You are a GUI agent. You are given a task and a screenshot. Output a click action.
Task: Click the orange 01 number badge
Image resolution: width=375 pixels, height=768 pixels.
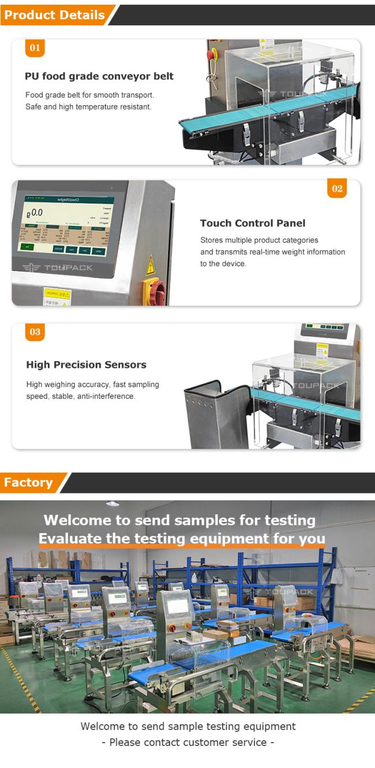point(35,48)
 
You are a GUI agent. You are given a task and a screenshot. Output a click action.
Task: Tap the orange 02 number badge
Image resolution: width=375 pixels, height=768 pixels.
point(337,188)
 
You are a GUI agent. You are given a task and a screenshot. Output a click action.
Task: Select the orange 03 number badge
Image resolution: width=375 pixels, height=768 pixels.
point(35,332)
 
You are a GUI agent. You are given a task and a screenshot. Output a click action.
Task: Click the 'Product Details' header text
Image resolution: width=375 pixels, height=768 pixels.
point(54,15)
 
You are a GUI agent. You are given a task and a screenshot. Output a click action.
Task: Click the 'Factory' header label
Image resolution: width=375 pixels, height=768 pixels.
point(28,483)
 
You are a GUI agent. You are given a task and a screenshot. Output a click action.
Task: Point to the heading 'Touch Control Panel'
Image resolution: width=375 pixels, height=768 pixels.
point(253,223)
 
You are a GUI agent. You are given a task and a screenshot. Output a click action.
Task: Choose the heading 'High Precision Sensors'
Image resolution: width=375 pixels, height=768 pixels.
point(86,365)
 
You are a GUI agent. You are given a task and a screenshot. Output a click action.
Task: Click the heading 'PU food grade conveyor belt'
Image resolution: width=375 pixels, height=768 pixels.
point(99,76)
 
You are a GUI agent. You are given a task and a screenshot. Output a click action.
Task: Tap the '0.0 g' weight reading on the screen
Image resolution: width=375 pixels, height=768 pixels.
point(36,212)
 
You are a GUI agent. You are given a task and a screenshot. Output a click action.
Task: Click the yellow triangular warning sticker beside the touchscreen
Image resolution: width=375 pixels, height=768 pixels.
point(151,265)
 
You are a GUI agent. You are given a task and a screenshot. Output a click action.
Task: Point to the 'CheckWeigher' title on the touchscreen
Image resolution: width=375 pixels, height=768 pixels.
point(68,199)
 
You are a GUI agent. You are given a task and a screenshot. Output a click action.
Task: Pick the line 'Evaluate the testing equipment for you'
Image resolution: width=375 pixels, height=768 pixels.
point(182,539)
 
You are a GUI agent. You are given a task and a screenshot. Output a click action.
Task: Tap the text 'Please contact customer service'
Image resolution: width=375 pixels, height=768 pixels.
point(187,743)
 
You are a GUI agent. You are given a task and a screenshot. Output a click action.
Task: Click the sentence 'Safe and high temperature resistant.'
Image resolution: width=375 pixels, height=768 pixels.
point(88,107)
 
